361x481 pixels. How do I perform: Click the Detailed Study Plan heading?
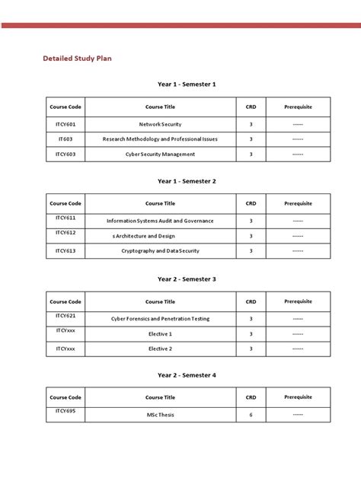coord(77,58)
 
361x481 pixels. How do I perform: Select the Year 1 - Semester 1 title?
coord(187,84)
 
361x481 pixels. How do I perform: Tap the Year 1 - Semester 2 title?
coord(187,181)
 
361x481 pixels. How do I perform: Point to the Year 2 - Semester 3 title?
coord(187,279)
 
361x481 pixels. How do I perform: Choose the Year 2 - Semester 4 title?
coord(187,375)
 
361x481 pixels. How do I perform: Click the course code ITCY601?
coord(65,123)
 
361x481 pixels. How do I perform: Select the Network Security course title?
coord(160,124)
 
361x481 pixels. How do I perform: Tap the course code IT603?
coord(65,139)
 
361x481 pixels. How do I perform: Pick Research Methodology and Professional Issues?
coord(160,139)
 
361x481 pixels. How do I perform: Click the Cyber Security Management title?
coord(160,154)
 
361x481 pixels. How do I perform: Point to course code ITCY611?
coord(65,218)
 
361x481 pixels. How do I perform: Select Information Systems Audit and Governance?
coord(160,221)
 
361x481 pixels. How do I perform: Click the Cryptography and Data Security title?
coord(160,250)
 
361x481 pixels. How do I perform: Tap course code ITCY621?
coord(65,315)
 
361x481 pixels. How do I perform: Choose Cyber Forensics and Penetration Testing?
coord(160,318)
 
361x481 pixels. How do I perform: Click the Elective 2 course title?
coord(160,349)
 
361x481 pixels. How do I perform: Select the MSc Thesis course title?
coord(160,415)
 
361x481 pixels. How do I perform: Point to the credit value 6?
coord(251,415)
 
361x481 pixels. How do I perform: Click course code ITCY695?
coord(65,412)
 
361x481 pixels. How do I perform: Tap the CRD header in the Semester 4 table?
coord(251,397)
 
